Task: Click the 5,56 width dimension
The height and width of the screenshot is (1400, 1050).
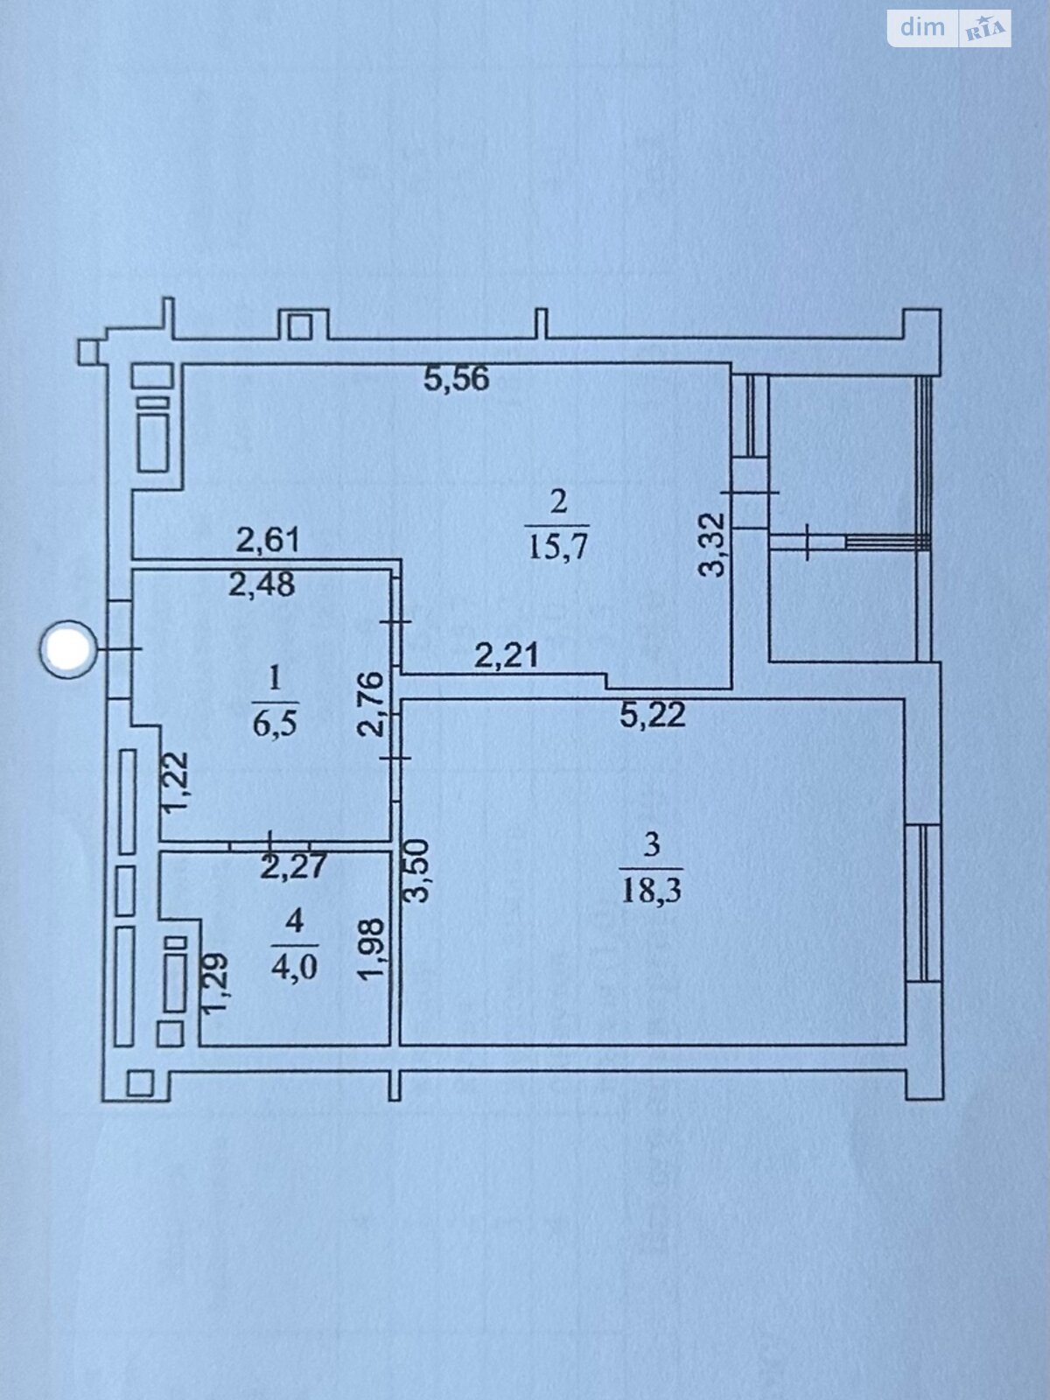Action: coord(456,379)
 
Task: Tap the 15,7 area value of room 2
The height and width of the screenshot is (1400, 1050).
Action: coord(558,547)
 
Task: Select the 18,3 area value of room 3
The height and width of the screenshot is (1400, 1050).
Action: coord(652,891)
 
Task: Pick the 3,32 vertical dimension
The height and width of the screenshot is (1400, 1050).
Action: coord(714,544)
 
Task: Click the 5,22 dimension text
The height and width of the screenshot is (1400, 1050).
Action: coord(653,715)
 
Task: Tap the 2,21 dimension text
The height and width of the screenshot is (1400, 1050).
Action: coord(506,654)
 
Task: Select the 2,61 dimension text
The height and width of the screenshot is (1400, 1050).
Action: coord(268,540)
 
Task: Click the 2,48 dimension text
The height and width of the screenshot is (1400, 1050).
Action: coord(262,584)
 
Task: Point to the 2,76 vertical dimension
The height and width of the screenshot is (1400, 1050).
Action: coord(373,703)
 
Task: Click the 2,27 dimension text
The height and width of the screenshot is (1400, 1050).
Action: coord(293,867)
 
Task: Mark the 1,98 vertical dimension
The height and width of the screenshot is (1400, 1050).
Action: coord(372,948)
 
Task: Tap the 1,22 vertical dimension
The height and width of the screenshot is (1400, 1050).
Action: coord(176,781)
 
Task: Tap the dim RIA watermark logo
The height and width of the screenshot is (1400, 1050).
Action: coord(948,28)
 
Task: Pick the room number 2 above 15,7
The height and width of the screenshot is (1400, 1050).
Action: coord(558,501)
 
